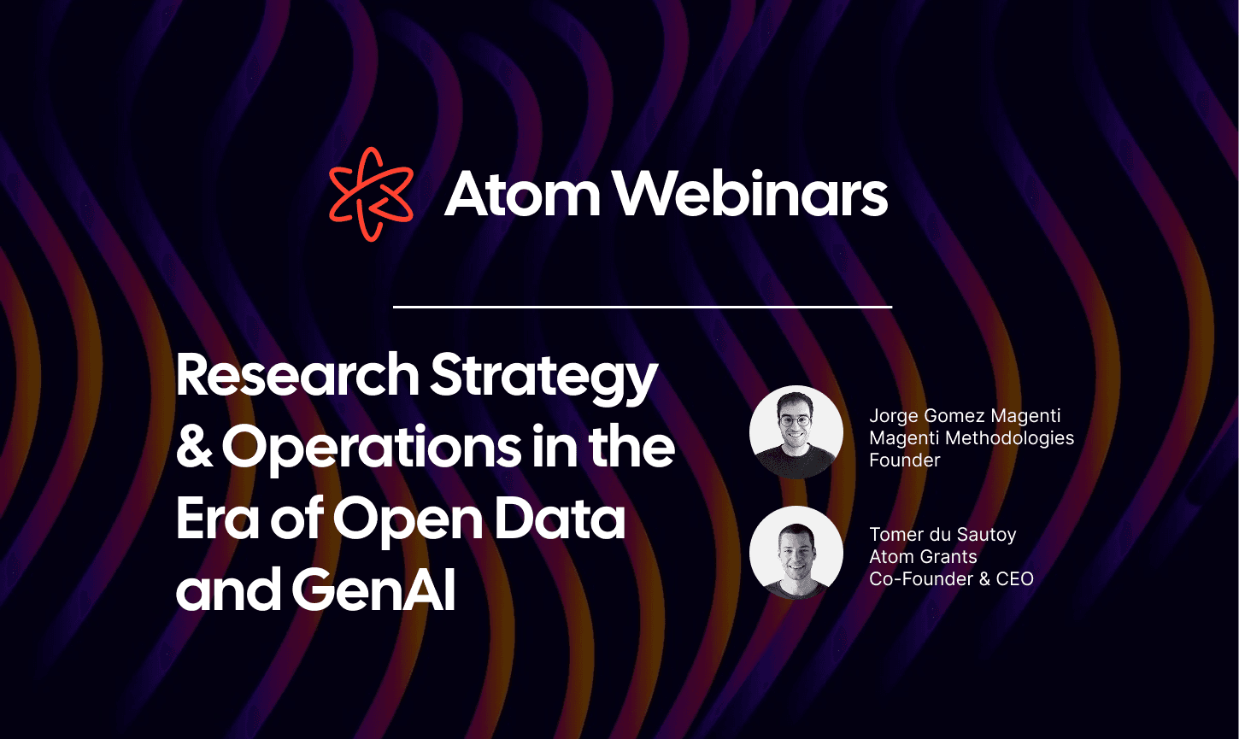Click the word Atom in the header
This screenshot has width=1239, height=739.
(x=522, y=194)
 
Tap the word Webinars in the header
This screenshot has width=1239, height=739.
(x=752, y=194)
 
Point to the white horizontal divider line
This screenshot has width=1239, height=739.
(x=643, y=307)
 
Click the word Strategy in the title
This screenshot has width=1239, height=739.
(x=543, y=379)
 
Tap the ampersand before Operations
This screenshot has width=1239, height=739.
(x=195, y=446)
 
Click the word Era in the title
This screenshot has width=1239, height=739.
(x=217, y=519)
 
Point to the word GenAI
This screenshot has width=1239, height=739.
(x=373, y=589)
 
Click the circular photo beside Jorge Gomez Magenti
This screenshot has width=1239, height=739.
(x=796, y=432)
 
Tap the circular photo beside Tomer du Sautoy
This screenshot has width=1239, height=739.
(x=796, y=553)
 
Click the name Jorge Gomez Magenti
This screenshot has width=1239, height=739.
(x=965, y=416)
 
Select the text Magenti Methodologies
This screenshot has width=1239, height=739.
(x=972, y=438)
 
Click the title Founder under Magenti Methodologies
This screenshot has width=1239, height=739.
(x=904, y=460)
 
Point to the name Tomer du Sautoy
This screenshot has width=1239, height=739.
(x=942, y=535)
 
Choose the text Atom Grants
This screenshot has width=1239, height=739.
(x=923, y=556)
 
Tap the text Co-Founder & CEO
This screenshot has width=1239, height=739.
(x=951, y=578)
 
